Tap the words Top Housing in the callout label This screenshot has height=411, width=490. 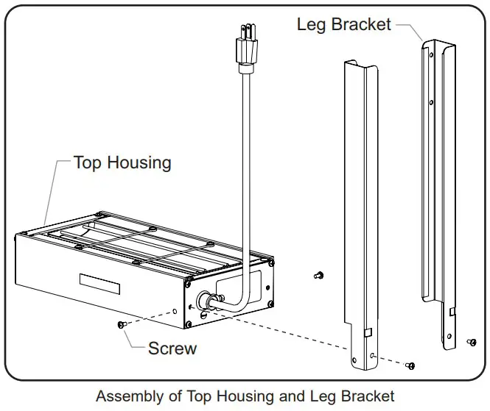122,162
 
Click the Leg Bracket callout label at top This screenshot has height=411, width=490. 344,24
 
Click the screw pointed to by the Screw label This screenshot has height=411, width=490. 121,324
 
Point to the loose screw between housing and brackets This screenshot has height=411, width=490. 318,275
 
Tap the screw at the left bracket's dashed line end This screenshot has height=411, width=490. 410,365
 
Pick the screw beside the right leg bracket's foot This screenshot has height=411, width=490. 472,342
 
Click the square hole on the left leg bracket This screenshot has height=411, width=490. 366,334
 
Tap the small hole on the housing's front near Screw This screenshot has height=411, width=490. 175,312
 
